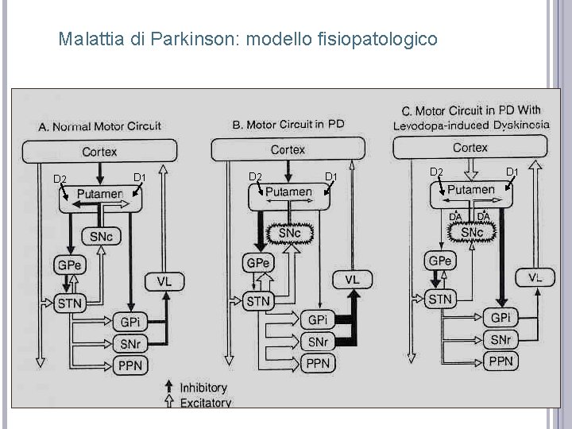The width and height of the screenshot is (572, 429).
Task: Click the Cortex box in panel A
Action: [x=99, y=151]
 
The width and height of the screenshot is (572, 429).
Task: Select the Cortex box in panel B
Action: [x=288, y=149]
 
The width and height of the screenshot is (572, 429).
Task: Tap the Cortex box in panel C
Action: [x=470, y=147]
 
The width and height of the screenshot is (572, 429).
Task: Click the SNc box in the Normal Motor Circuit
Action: [x=101, y=237]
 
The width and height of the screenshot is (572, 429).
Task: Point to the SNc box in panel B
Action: [x=289, y=233]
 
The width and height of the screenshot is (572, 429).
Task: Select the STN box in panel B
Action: [x=258, y=301]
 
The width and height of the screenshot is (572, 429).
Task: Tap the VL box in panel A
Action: [x=164, y=281]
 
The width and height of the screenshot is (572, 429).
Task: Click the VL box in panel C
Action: [x=535, y=277]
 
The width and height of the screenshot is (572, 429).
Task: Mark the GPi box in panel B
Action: [x=317, y=319]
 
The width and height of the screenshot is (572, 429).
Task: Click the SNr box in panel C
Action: [x=500, y=339]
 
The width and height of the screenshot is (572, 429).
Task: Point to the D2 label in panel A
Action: [x=59, y=177]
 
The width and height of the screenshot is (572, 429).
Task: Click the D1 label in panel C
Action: [x=512, y=172]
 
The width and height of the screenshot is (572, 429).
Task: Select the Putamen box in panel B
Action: [x=288, y=192]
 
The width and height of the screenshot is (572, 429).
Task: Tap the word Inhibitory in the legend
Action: [x=203, y=388]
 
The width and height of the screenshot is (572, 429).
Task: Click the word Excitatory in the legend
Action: [x=205, y=402]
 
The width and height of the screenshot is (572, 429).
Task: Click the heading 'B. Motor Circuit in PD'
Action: [x=288, y=125]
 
